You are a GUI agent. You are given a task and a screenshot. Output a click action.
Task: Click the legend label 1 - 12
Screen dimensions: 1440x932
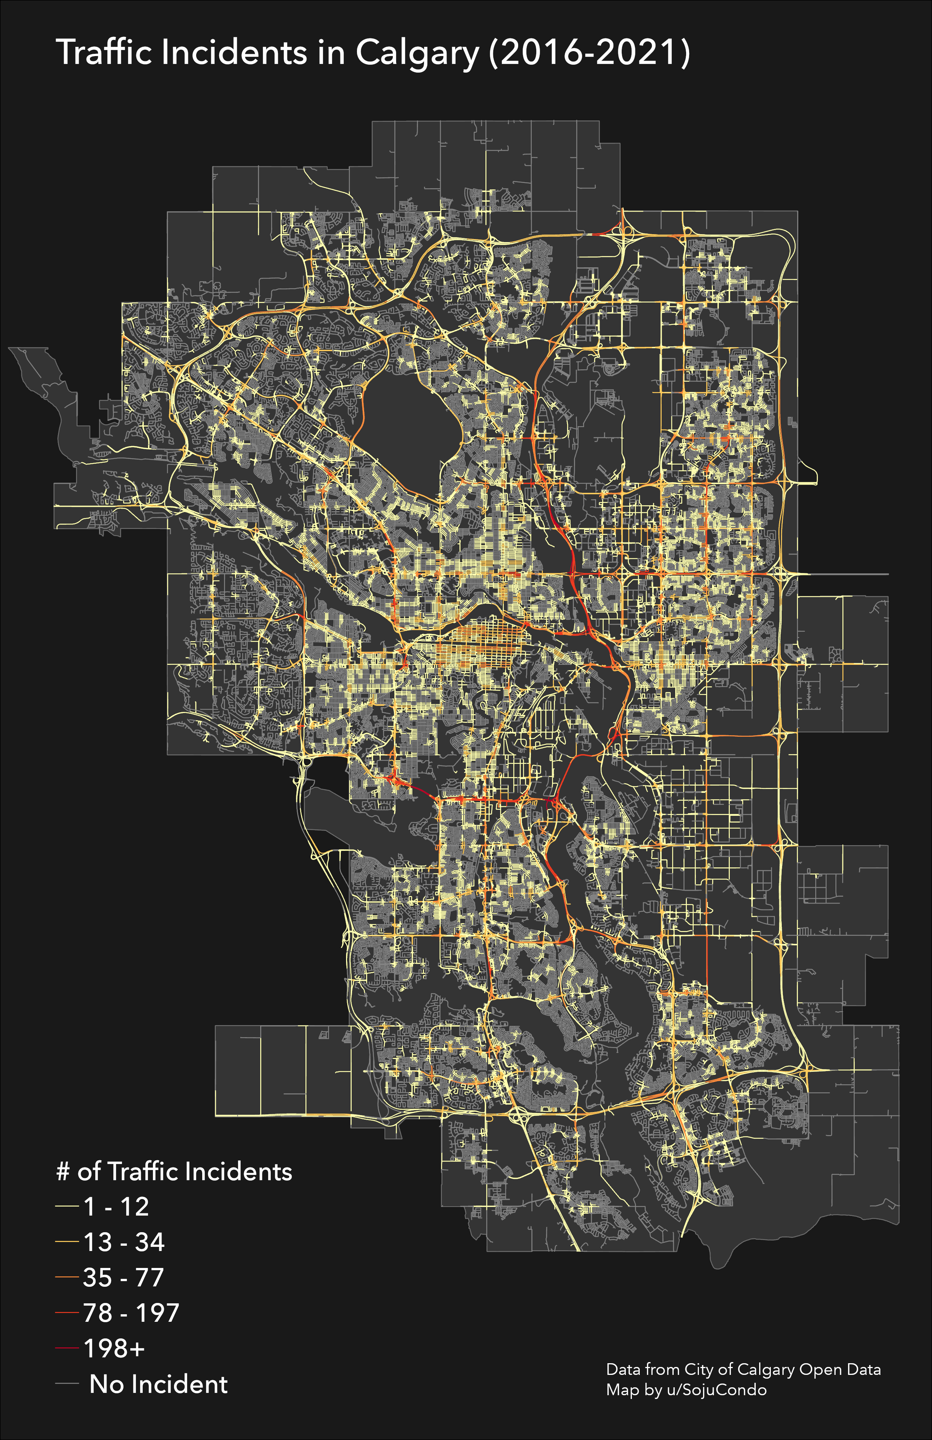point(116,1207)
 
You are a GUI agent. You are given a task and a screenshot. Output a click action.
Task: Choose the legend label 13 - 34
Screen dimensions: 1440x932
point(124,1242)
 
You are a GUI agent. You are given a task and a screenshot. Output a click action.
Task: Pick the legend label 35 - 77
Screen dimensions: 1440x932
point(124,1277)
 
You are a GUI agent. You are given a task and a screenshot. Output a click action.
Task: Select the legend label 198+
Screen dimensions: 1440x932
point(114,1348)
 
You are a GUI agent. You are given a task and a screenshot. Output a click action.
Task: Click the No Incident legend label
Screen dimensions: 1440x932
point(159,1384)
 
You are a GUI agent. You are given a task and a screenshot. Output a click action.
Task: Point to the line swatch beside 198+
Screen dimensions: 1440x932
point(67,1348)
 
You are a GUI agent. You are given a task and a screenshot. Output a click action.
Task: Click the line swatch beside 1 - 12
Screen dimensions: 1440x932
point(67,1207)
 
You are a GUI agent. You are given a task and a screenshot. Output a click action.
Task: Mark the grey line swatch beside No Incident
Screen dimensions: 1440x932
point(67,1384)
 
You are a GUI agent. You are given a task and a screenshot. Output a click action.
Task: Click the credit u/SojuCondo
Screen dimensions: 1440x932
point(717,1390)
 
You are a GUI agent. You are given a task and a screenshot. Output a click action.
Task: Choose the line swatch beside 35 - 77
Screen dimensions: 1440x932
point(67,1277)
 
